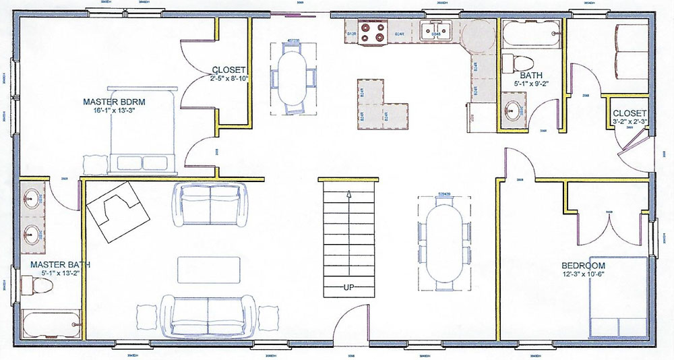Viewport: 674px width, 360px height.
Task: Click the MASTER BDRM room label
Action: tap(115, 102)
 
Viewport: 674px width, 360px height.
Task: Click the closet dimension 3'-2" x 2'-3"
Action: tap(630, 121)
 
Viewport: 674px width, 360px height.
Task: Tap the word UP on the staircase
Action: tap(349, 287)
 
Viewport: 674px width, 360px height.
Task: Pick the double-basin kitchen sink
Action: tap(435, 31)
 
